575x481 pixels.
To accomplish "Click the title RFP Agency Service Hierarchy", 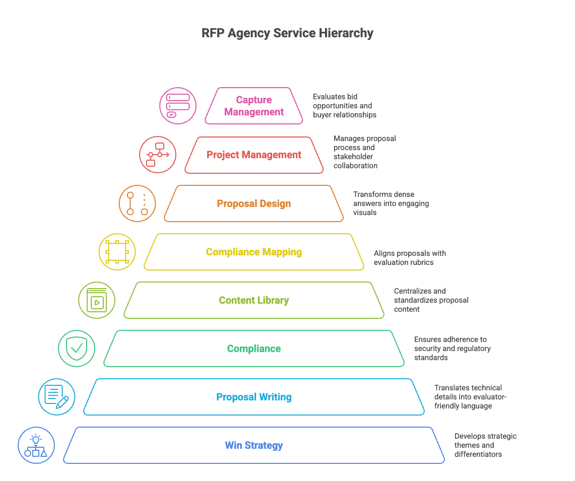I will pos(287,33).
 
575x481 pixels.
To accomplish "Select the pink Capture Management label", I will pos(254,106).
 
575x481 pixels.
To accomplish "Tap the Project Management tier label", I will pos(254,155).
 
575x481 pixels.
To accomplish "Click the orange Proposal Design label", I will pos(254,203).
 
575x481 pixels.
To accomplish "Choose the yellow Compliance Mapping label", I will pos(254,252).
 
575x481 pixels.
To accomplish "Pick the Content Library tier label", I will pos(254,300).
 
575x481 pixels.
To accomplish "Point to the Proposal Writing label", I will pos(254,397).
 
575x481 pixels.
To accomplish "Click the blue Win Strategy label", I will pos(254,445).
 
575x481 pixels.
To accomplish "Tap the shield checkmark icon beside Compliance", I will pos(77,349).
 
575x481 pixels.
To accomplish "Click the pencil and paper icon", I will pos(56,397).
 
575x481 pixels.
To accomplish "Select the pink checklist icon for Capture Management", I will pos(178,106).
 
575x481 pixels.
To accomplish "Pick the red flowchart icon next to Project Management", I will pos(158,155).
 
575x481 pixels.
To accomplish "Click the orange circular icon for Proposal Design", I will pos(137,203).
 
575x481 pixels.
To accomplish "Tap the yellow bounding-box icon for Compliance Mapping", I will pos(117,252).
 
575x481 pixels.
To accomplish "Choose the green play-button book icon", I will pos(97,300).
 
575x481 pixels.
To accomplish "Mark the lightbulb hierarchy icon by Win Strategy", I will pos(36,445).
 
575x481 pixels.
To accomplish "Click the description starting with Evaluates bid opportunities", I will pos(344,106).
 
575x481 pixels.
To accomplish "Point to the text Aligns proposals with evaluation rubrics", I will pos(410,257).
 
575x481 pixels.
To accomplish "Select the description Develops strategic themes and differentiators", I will pos(485,445).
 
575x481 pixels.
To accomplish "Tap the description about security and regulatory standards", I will pos(452,349).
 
